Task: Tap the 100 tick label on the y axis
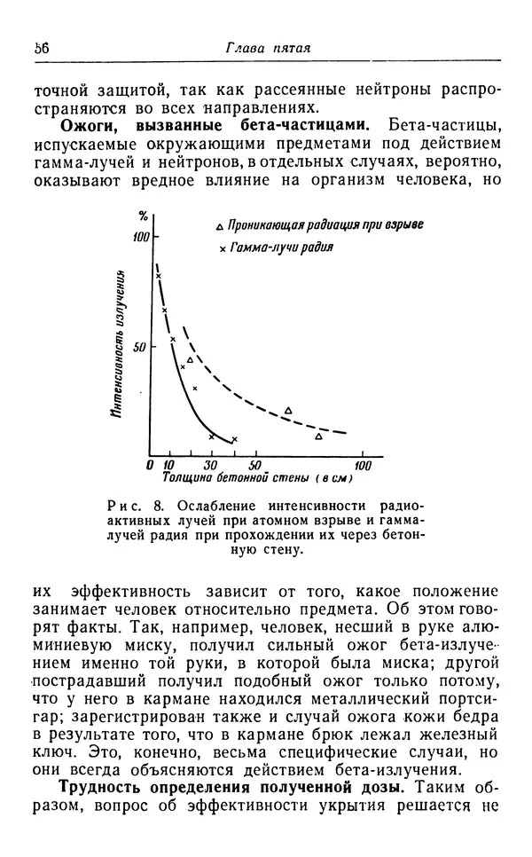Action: (140, 238)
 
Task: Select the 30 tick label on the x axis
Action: (211, 465)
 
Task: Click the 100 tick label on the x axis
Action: (363, 465)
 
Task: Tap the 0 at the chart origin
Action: (151, 465)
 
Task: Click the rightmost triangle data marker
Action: (319, 436)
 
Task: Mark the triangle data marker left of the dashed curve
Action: (190, 359)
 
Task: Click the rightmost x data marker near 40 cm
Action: (234, 439)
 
